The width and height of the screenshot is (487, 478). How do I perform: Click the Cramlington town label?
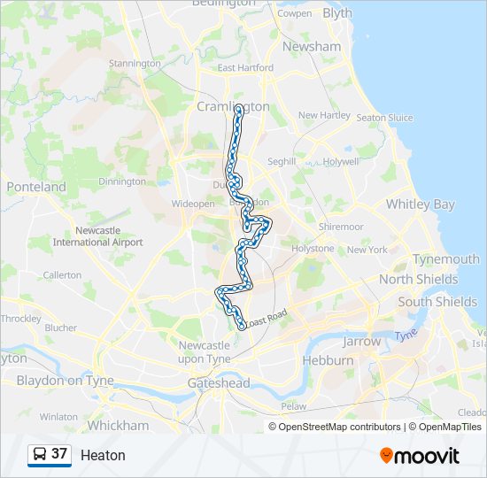233,106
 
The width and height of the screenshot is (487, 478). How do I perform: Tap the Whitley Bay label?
420,204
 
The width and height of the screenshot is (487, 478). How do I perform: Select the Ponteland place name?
36,188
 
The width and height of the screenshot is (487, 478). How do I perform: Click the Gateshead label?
219,383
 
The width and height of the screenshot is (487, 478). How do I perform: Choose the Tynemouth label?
446,259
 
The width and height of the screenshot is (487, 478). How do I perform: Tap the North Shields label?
418,280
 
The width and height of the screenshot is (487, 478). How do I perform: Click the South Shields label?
437,302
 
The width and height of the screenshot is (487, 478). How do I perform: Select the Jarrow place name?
361,341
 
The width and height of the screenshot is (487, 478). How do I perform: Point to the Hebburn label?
328,361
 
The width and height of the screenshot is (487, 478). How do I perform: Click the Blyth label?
336,13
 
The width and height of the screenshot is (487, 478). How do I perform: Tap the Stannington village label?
135,64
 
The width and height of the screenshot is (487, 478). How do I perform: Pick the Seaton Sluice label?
385,118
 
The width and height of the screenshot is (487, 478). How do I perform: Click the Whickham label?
119,426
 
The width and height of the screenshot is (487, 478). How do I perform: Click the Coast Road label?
268,317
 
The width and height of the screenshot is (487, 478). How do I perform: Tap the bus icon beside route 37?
40,454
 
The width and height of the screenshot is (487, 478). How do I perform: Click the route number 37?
59,454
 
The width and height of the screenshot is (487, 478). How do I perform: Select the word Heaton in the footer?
103,456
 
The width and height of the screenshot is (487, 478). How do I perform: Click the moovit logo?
420,456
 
